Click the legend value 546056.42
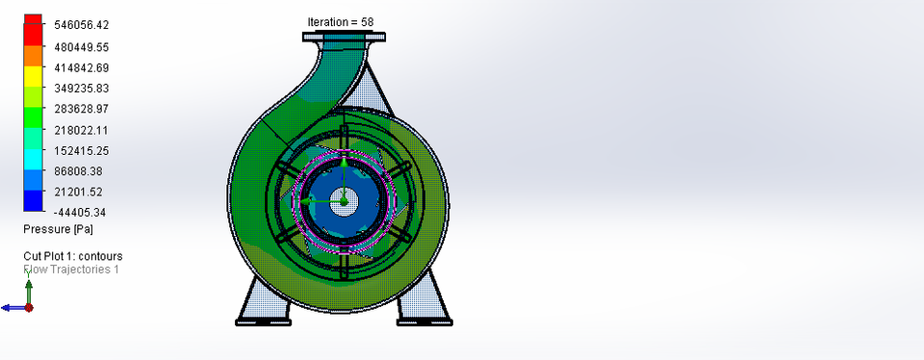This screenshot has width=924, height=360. point(81,25)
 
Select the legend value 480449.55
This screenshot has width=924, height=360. point(81,46)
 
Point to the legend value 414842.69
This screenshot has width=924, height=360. point(81,67)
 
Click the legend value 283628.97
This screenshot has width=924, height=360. point(81,109)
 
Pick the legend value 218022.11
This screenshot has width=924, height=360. point(81,130)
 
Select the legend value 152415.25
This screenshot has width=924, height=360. point(81,151)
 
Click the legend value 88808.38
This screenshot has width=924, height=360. point(81,171)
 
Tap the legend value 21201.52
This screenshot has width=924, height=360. point(81,193)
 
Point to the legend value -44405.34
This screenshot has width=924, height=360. point(81,213)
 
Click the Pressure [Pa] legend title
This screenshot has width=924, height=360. point(58,229)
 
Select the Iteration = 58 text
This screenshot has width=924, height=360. point(341,22)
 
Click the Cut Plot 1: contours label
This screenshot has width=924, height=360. point(73,256)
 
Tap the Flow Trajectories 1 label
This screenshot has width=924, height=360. point(71,270)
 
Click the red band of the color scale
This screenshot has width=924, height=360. point(33,35)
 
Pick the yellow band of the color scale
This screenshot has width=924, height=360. point(33,75)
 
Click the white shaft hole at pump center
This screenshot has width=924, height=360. point(344,201)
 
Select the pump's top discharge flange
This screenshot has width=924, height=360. point(345,38)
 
